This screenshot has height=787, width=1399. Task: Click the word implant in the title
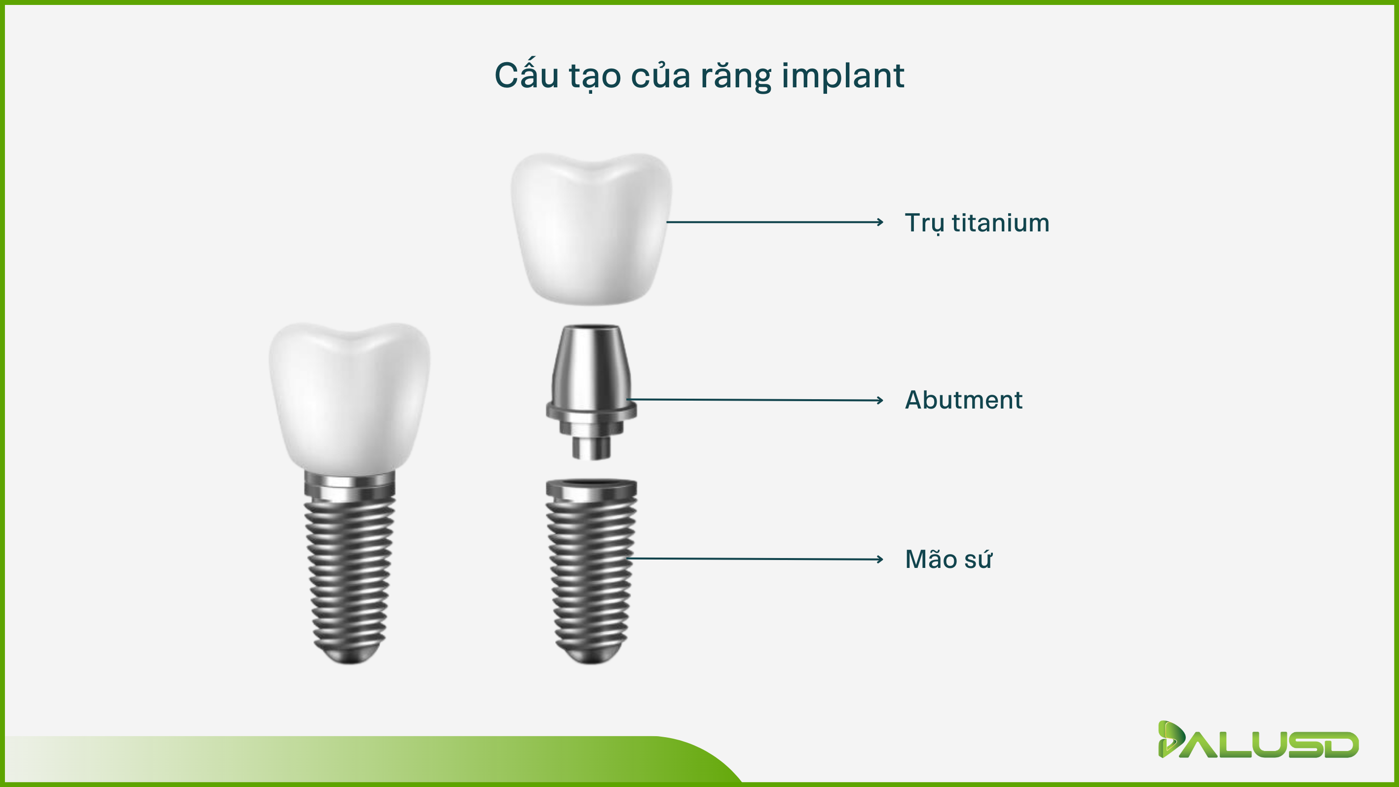coord(843,76)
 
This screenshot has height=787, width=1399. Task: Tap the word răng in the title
coord(736,76)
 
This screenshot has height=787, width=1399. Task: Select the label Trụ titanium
coord(977,223)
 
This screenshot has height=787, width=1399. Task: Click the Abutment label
coord(963,400)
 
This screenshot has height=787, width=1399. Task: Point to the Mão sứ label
coord(948,559)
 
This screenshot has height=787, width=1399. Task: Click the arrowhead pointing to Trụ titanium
coord(880,222)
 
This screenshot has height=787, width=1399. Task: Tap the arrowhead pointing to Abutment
coord(880,401)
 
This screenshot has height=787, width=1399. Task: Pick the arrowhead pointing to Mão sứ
coord(880,560)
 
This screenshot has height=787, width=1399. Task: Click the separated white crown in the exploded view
coord(591,228)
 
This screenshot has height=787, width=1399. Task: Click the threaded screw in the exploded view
coord(591,571)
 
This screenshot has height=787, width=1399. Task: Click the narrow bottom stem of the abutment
coord(591,448)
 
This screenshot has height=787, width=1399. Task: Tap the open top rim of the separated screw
coord(591,483)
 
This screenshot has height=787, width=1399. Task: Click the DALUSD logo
coord(1258,740)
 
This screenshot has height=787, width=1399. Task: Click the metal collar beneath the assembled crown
coord(350,486)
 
